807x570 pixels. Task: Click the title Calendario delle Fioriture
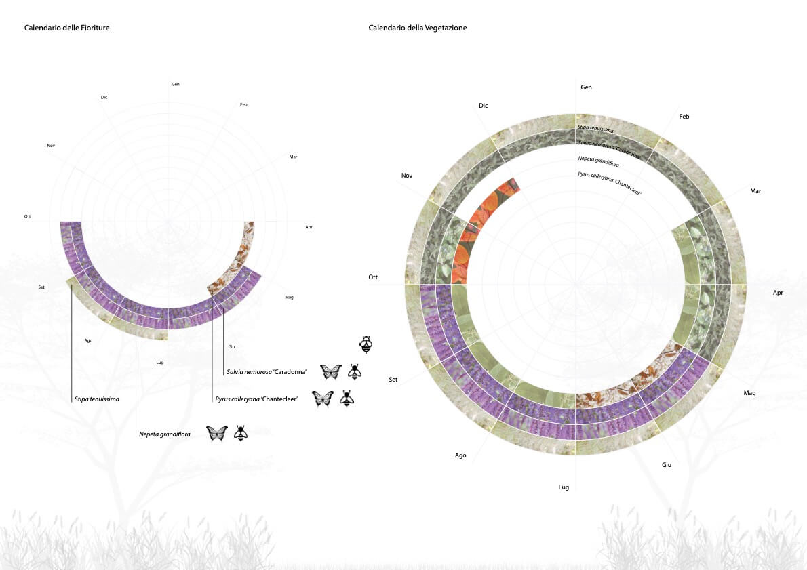pos(67,28)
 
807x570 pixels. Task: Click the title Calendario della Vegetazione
pos(417,28)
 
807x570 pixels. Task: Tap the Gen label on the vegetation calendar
pos(586,87)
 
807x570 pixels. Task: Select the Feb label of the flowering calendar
pos(243,104)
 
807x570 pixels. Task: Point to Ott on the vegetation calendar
pos(373,277)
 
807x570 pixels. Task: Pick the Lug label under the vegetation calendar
pos(564,487)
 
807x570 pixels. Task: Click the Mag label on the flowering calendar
pos(290,297)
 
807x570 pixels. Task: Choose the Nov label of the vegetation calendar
pos(407,176)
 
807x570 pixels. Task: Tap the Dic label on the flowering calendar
pos(104,97)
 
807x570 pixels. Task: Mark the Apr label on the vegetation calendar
pos(778,293)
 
